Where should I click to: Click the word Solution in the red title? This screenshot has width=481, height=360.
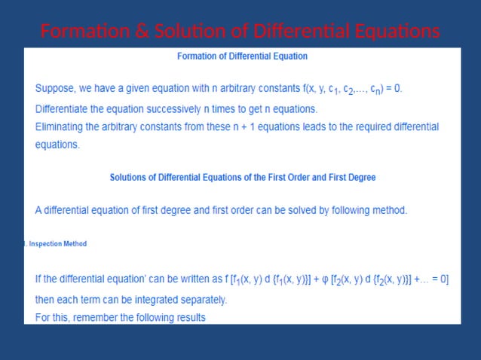pos(182,32)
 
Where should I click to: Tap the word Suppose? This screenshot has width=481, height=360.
pos(57,88)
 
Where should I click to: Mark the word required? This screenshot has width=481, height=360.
pos(381,126)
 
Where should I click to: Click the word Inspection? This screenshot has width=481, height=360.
pos(46,244)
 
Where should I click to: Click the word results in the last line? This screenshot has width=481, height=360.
pos(188,317)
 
